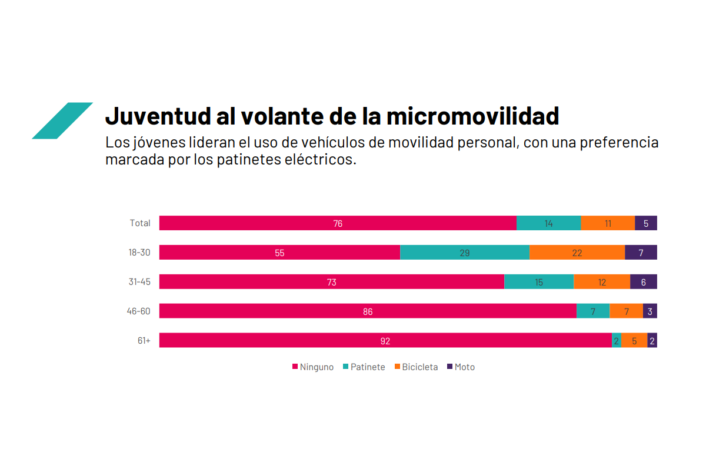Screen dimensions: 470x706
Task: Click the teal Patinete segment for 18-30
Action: [465, 253]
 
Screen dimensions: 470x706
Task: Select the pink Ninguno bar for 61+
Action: [385, 341]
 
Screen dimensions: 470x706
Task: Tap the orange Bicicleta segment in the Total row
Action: [608, 223]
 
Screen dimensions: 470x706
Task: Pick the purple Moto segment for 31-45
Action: [644, 282]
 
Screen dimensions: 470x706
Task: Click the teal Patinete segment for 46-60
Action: [593, 311]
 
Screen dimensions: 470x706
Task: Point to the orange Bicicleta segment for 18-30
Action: [577, 253]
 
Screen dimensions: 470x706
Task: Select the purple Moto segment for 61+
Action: [652, 341]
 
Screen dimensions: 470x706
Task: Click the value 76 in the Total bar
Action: [338, 224]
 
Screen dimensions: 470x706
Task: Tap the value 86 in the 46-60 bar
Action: [368, 312]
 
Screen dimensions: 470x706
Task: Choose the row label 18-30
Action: [139, 253]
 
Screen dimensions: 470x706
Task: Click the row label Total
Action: [140, 223]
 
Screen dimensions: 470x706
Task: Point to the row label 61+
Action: [144, 341]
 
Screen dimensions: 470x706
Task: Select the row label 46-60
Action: [139, 311]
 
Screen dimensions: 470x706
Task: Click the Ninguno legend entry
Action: [313, 367]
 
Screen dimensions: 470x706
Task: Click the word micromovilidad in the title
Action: [472, 116]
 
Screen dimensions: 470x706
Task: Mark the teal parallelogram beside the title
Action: [62, 121]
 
